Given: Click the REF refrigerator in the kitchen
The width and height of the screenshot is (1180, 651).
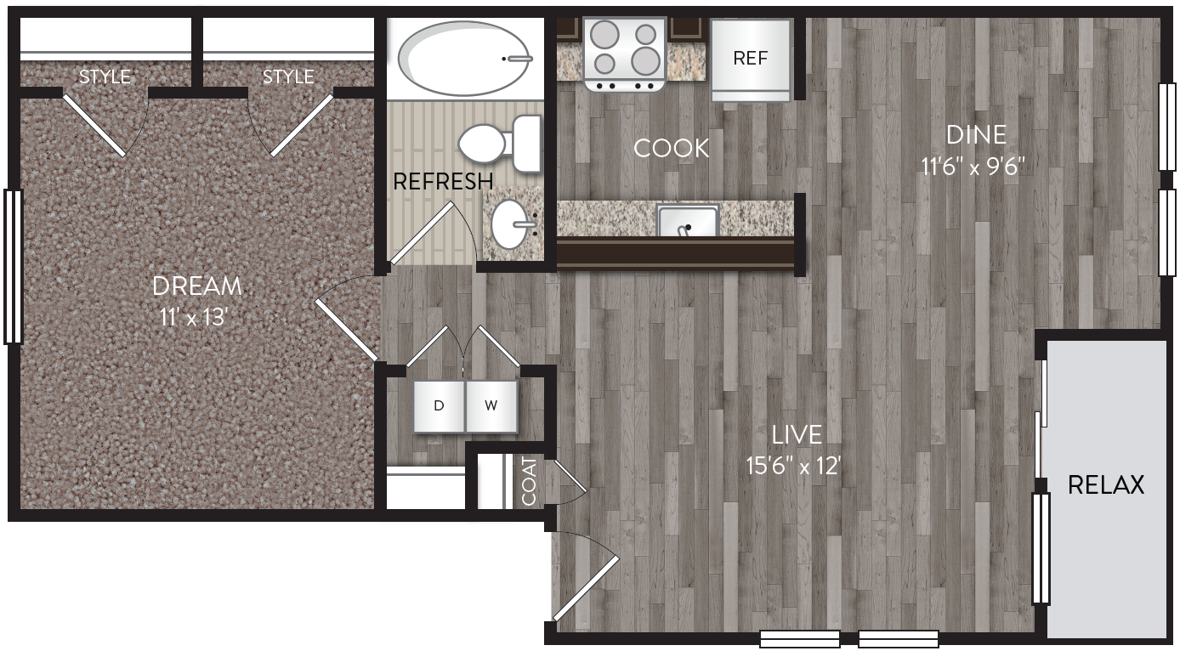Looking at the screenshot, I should (x=751, y=59).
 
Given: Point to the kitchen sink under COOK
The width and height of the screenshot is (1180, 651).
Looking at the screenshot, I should (x=688, y=221).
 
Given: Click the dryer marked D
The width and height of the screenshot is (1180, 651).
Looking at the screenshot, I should (x=439, y=405).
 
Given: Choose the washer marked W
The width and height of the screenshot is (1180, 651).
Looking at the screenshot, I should (x=491, y=405).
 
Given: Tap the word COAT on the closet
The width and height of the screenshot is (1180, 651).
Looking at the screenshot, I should (x=530, y=481).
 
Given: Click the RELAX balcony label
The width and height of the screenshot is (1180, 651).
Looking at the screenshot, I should (x=1105, y=484).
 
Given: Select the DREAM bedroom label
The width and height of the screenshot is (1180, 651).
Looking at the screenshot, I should (x=196, y=286).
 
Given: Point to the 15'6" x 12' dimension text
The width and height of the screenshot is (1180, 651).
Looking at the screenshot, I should (x=797, y=466).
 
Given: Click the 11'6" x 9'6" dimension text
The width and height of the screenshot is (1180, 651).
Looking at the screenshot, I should (x=976, y=165).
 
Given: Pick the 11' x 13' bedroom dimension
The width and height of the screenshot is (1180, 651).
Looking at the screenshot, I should (x=196, y=317).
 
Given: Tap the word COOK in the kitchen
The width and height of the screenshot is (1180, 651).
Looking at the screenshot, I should (x=671, y=149).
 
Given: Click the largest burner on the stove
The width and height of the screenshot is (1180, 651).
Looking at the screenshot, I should (x=645, y=60).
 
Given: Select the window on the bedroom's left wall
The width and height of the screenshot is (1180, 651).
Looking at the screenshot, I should (x=13, y=266).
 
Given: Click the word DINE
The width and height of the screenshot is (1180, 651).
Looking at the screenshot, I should (x=976, y=134).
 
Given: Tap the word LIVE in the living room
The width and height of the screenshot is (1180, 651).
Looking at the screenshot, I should (x=797, y=435).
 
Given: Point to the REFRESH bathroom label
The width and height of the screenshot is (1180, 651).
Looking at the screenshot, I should (x=442, y=181).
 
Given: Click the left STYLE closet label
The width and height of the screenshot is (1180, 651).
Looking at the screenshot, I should (x=105, y=76).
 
